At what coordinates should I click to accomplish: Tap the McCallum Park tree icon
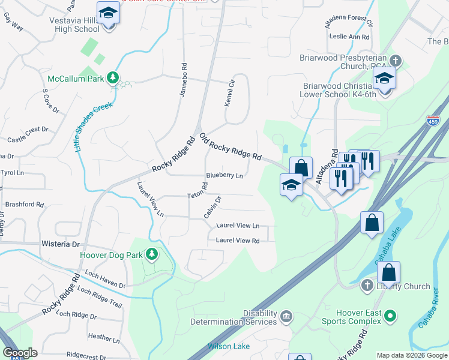coord(112,78)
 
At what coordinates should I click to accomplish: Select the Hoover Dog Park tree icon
coord(152,254)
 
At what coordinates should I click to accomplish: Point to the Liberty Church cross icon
coord(367,286)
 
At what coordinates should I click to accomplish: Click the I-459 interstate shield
coord(433,121)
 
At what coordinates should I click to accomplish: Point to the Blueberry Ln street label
coord(224,176)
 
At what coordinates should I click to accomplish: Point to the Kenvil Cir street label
coord(228,95)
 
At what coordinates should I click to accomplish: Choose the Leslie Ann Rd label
coord(349,37)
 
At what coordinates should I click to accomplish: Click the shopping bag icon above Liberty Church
coord(389,272)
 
